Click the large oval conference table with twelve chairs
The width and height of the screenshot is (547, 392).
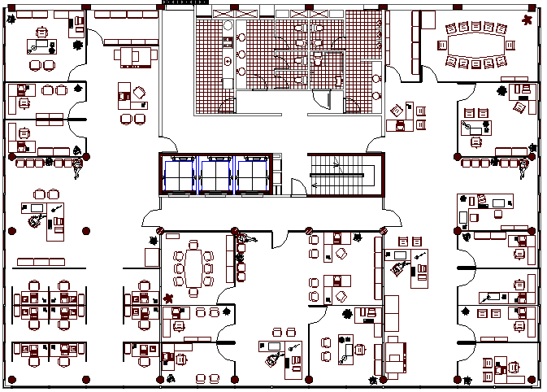tap(476, 46)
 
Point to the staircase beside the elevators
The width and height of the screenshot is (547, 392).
tap(341, 175)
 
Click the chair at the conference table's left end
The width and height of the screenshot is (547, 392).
tap(444, 46)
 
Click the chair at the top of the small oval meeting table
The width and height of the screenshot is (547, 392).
tap(193, 243)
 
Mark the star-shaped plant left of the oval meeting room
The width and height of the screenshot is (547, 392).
tap(169, 298)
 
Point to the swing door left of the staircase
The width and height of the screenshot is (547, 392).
tap(298, 186)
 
